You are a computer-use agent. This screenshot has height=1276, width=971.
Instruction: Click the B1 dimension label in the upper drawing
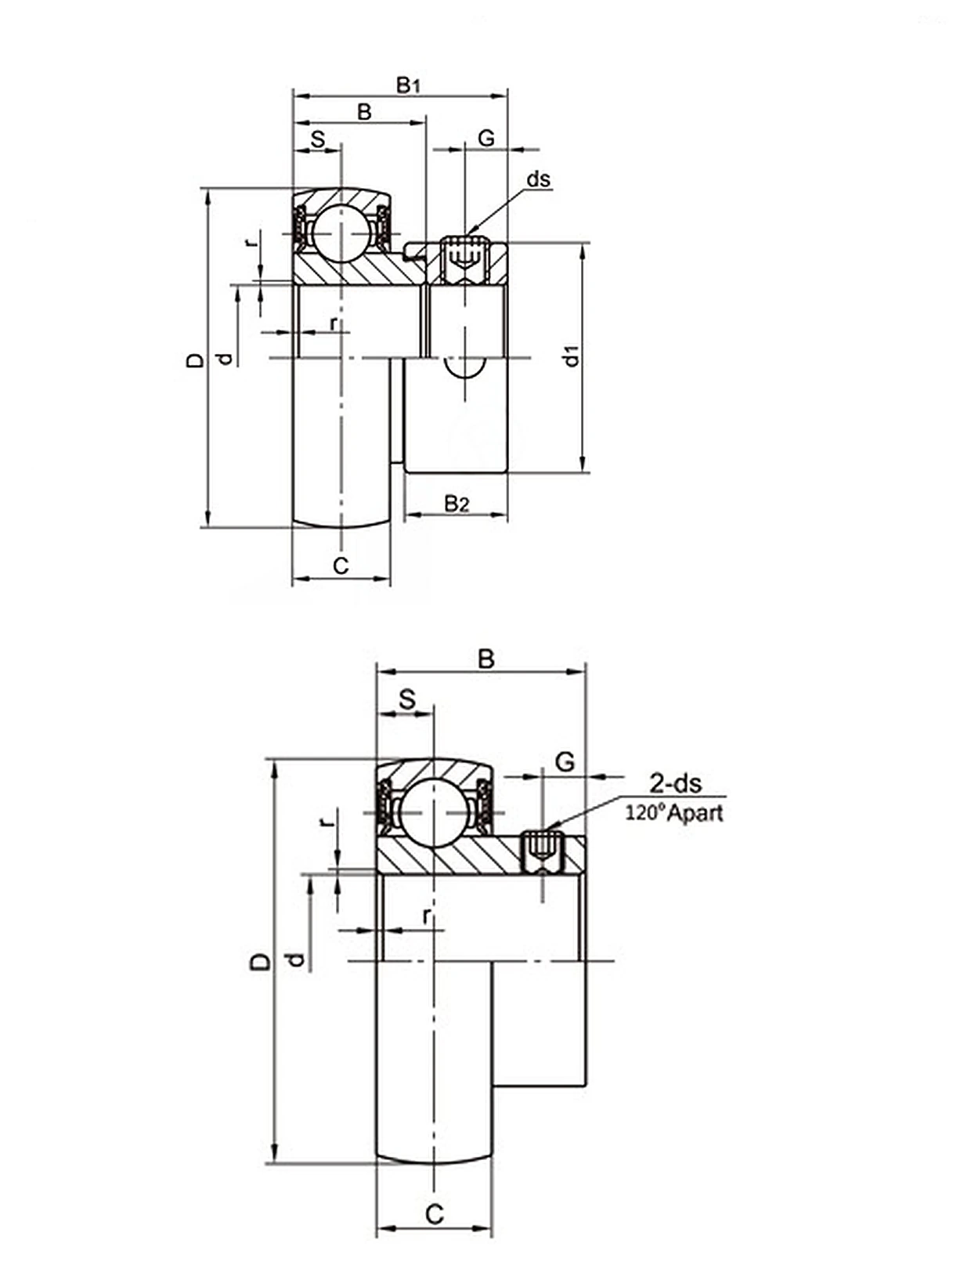point(408,85)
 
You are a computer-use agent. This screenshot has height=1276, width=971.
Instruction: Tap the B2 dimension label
point(457,504)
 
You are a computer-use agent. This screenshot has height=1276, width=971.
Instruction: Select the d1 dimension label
point(572,356)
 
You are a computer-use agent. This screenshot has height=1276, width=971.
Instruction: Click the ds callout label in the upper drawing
point(538,179)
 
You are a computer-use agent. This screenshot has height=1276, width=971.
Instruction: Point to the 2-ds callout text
point(675,783)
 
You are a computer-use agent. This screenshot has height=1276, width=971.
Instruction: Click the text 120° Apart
point(674,813)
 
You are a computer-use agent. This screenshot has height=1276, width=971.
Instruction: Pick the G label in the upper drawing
point(486,139)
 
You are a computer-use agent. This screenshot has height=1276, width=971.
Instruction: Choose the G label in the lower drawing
point(565,761)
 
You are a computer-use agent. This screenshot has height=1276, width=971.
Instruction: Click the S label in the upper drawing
point(318,139)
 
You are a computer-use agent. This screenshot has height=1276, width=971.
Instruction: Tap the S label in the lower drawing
point(408,699)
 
